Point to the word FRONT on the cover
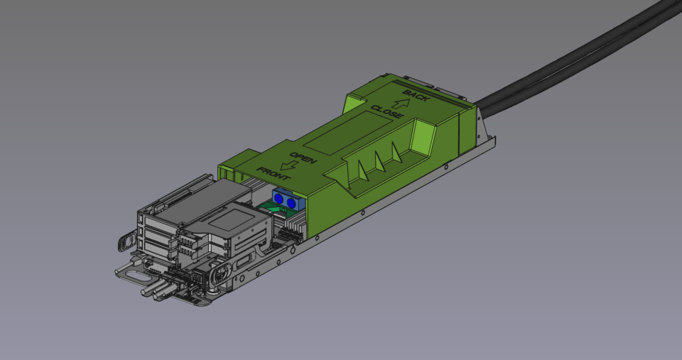(x=273, y=173)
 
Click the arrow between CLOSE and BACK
(x=399, y=103)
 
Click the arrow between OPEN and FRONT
(x=287, y=165)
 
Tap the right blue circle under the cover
(x=291, y=204)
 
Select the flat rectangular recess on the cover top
(x=347, y=134)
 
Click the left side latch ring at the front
(x=124, y=242)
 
